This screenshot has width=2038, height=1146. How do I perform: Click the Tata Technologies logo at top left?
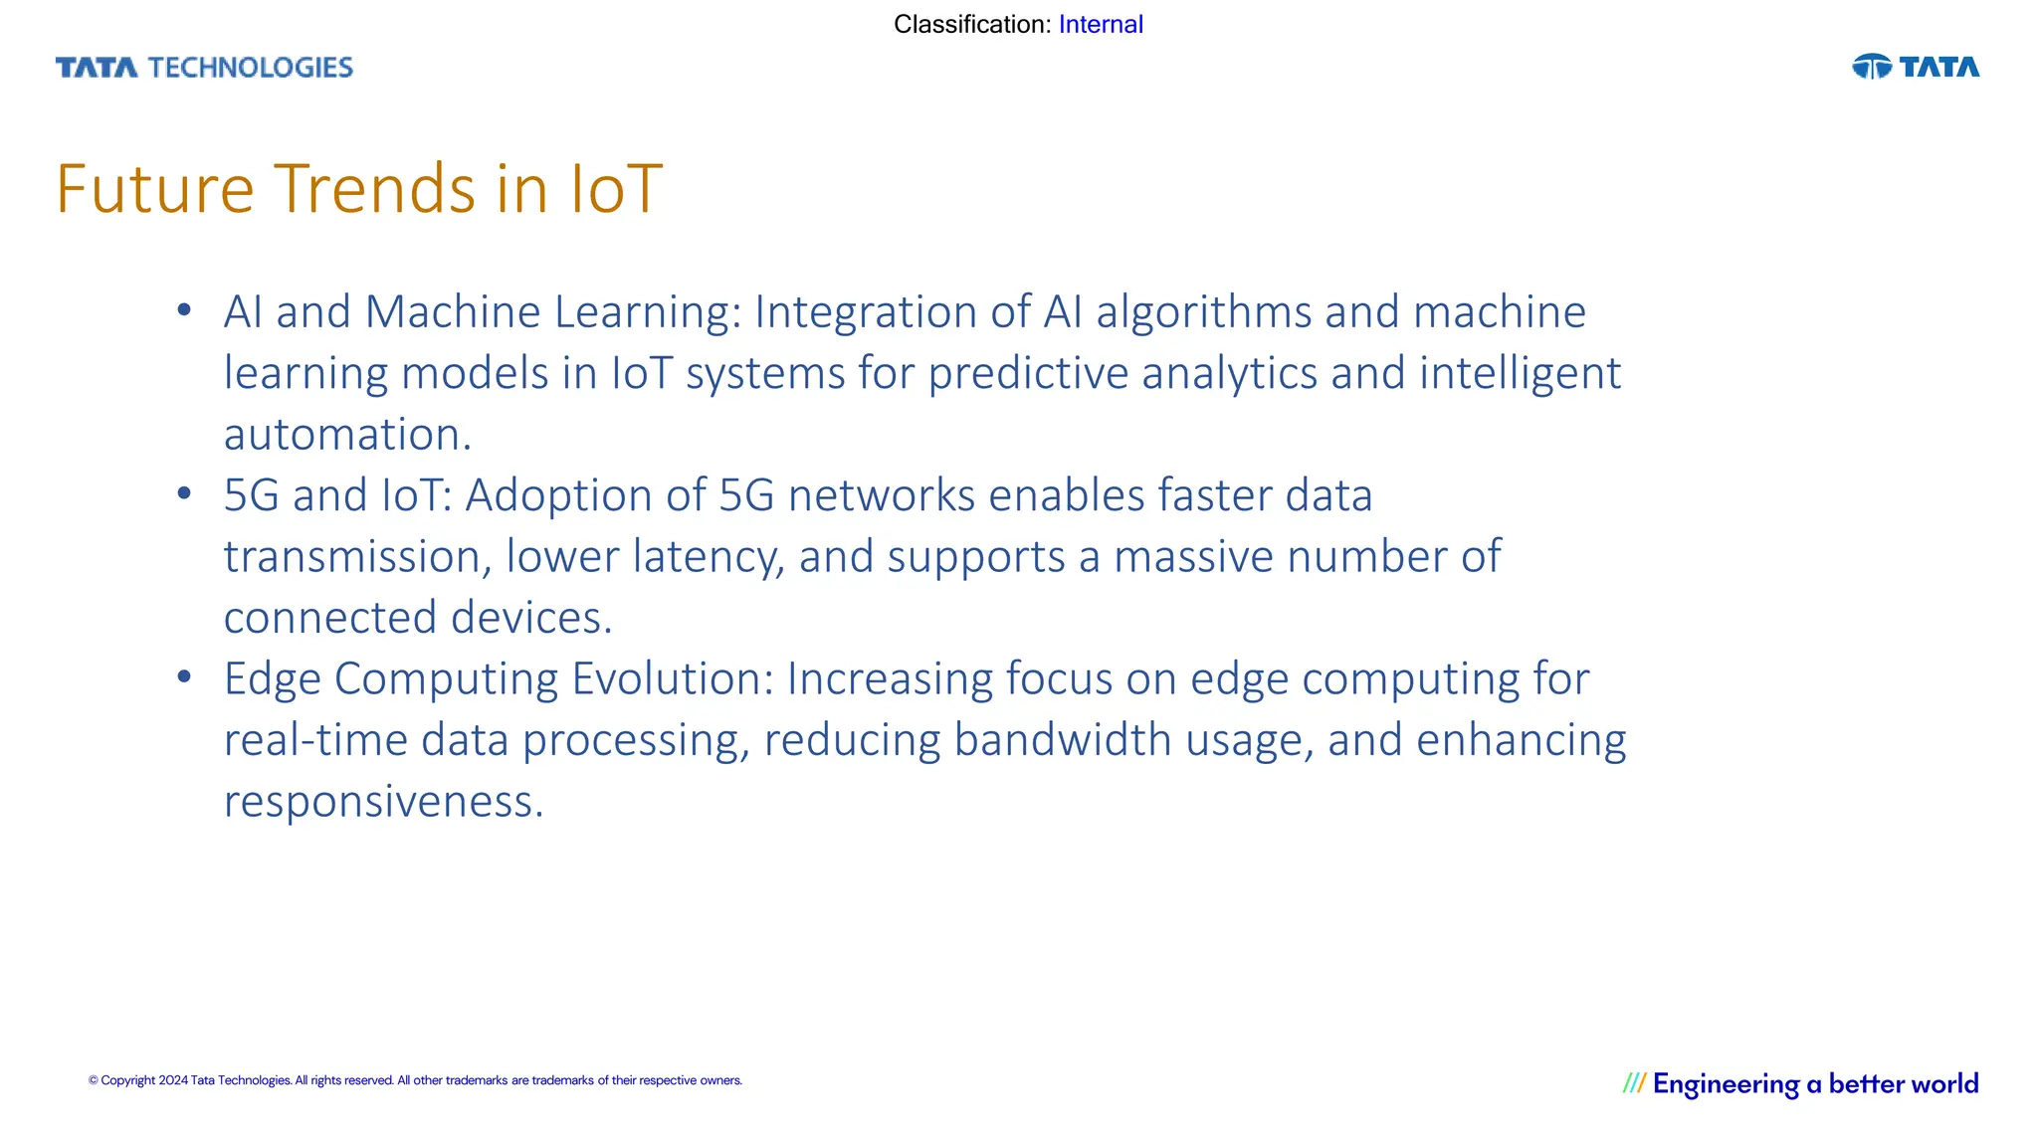[204, 68]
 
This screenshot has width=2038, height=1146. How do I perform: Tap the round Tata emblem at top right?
[1871, 67]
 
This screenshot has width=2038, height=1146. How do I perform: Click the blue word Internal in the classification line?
[1101, 24]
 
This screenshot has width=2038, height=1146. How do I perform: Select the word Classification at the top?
[970, 24]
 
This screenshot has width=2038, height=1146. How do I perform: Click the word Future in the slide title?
[155, 189]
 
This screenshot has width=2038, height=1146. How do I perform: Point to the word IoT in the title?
[615, 189]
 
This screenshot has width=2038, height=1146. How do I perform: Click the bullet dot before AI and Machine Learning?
[184, 311]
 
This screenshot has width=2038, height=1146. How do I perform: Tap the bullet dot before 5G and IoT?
[184, 494]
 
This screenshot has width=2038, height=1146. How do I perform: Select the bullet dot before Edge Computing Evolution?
[184, 677]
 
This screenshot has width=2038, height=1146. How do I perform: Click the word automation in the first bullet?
[346, 435]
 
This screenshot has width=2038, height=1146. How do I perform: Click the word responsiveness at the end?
[382, 802]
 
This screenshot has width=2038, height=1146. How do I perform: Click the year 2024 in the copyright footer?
[173, 1080]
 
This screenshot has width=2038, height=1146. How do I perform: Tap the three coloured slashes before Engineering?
[1634, 1083]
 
